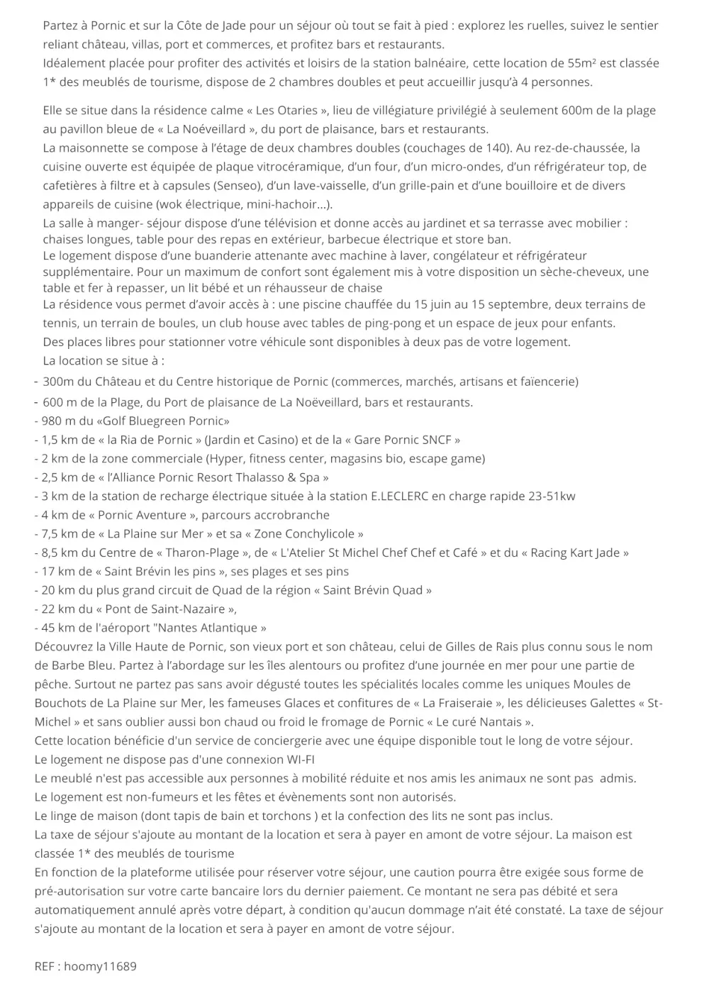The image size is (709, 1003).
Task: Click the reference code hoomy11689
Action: pos(100,966)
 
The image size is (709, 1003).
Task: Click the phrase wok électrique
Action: pos(187,205)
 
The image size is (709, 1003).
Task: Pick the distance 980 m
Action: pos(58,421)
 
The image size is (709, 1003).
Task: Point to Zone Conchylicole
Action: pos(308,533)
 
